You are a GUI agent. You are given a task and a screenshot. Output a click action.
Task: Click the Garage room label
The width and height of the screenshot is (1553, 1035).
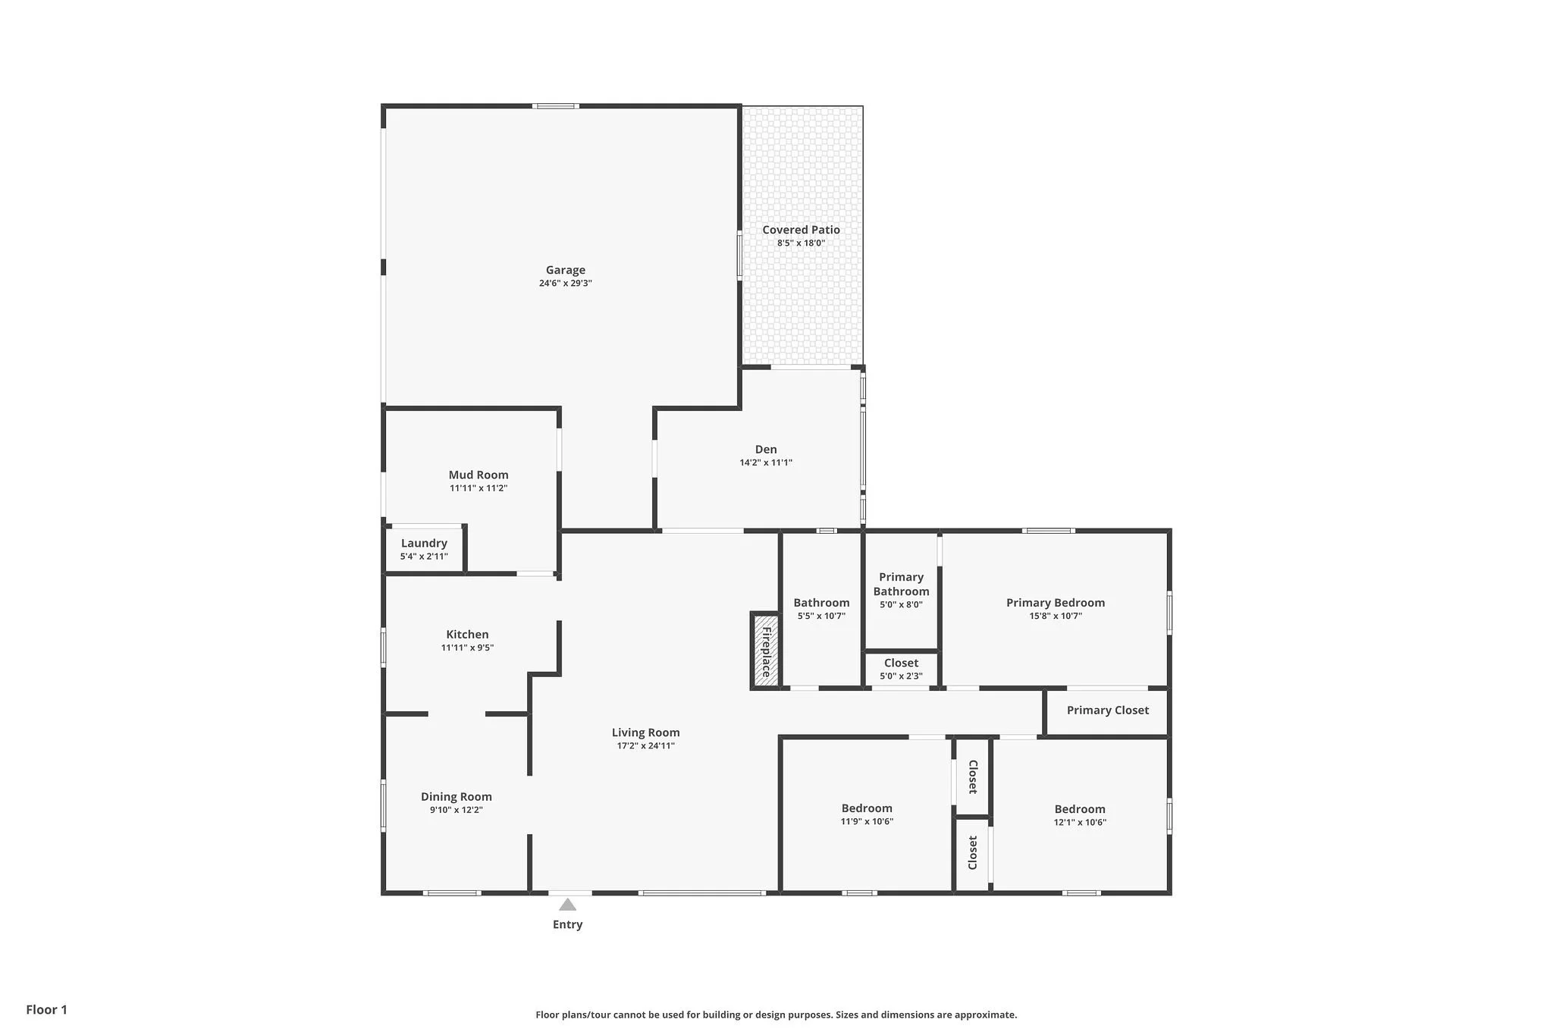[x=566, y=270]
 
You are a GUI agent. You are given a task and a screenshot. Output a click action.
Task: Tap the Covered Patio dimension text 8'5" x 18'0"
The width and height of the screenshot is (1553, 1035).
[x=801, y=243]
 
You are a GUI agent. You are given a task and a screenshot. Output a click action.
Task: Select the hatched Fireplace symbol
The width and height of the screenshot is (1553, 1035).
[x=766, y=651]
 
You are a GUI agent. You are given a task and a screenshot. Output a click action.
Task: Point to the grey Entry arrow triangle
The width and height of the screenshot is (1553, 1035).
[x=567, y=904]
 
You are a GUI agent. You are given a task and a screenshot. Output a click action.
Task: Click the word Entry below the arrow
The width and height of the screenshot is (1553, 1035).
[x=567, y=924]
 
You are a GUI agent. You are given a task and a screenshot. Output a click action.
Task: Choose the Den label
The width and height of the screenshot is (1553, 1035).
[x=766, y=450]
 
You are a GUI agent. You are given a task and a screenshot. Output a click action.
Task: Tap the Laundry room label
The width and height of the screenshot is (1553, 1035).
[x=424, y=543]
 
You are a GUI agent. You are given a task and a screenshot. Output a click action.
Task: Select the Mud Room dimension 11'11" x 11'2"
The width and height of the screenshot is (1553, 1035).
[x=478, y=488]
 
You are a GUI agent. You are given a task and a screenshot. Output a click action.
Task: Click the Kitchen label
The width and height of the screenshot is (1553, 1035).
[x=467, y=635]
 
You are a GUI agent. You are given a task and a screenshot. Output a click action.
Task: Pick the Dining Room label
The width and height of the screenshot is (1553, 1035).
[x=456, y=797]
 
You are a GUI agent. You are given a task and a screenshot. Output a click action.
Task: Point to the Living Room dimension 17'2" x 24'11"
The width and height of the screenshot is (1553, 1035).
[x=646, y=746]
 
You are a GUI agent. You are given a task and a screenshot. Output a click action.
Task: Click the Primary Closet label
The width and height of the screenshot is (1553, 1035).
[x=1108, y=710]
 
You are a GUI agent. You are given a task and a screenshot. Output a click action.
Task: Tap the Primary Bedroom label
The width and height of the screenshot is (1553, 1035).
[x=1056, y=603]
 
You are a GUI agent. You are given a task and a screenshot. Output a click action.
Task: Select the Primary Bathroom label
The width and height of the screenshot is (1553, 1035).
[x=901, y=585]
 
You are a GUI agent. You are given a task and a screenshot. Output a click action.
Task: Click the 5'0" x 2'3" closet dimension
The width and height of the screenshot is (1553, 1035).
[x=901, y=676]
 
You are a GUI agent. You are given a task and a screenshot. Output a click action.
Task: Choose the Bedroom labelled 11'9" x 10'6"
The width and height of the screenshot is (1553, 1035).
[x=867, y=808]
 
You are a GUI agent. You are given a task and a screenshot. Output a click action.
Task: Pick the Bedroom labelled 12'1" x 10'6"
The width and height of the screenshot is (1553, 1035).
[x=1080, y=809]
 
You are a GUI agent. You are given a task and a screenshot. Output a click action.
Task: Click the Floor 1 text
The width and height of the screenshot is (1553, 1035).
[x=47, y=1010]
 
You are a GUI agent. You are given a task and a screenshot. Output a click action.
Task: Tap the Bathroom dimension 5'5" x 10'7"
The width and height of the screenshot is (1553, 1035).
[x=821, y=616]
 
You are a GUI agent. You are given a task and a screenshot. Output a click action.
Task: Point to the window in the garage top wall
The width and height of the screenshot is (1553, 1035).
[x=555, y=106]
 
